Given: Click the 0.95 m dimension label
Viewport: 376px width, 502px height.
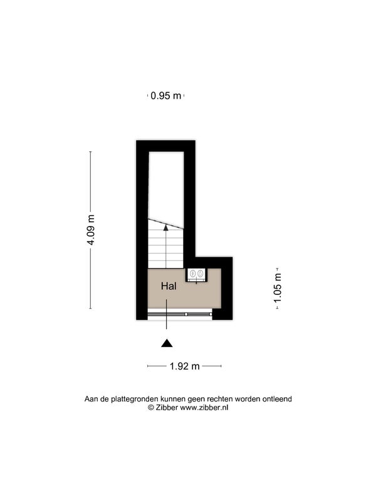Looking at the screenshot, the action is [x=166, y=95].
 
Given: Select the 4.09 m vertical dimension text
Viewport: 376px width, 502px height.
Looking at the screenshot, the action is [x=91, y=230].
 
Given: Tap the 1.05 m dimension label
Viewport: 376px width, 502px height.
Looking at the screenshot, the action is [x=277, y=287].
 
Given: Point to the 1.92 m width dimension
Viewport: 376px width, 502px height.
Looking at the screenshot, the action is [x=184, y=366].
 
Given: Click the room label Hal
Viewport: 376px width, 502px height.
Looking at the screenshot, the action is [x=169, y=286].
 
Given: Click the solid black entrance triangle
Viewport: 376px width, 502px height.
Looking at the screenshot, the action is [x=167, y=343].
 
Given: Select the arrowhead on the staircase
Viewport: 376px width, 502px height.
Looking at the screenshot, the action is [x=165, y=228].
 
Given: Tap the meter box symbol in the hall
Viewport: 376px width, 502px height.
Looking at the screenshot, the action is [x=196, y=274].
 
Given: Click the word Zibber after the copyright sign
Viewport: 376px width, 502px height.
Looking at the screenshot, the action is [x=167, y=407].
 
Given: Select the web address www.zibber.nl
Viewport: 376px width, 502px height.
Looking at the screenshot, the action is [x=204, y=407].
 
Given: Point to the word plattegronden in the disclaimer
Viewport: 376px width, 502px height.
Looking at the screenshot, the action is [x=135, y=399].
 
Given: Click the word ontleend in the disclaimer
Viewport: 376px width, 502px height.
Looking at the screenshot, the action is [x=277, y=399].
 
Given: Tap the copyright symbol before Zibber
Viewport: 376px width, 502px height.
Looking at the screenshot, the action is [x=151, y=407].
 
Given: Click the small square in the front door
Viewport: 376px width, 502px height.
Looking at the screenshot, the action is [x=186, y=314].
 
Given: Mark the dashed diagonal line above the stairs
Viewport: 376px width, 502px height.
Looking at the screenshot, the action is [x=165, y=224].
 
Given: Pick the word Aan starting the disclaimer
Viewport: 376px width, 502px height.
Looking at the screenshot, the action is [x=91, y=399].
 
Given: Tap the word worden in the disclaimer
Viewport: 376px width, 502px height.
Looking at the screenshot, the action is [x=248, y=399].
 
